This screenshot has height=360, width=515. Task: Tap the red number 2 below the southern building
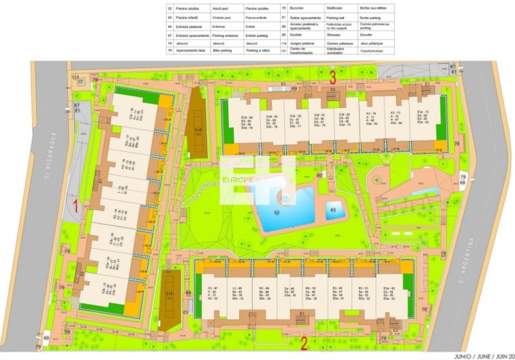click(x=305, y=343)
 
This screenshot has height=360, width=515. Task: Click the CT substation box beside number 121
click(x=80, y=82)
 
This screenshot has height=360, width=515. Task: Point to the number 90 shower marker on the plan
click(x=319, y=175)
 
